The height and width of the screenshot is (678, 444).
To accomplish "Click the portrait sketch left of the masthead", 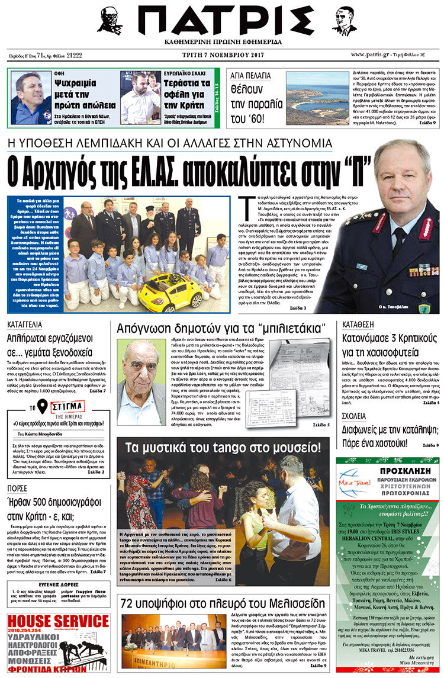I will (x=109, y=21).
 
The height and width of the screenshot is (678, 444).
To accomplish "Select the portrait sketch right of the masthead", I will (x=343, y=21).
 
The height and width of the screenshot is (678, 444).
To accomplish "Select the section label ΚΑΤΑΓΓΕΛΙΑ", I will (x=24, y=324).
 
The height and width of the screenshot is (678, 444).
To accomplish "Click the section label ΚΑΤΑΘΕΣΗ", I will (x=358, y=324).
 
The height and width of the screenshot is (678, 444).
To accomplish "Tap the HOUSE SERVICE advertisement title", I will (x=58, y=621).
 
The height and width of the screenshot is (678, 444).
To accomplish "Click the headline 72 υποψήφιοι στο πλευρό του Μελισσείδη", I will (x=223, y=603).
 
